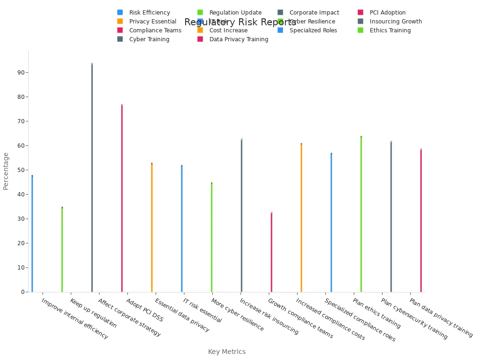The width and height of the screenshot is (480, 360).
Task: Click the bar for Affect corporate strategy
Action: click(92, 178)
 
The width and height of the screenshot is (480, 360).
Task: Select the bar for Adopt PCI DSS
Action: click(122, 198)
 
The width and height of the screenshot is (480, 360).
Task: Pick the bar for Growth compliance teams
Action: click(271, 252)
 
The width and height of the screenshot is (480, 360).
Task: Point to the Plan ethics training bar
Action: click(361, 214)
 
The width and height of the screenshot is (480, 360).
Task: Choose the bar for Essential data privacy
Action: click(152, 227)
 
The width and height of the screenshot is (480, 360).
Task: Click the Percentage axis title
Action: click(6, 171)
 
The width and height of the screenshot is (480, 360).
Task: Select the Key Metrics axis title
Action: click(227, 352)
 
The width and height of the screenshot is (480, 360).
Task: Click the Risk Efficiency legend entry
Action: click(150, 13)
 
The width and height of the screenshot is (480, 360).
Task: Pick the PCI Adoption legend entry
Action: click(387, 13)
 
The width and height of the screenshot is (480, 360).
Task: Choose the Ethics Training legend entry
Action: click(390, 30)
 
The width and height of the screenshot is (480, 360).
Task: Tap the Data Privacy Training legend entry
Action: click(239, 39)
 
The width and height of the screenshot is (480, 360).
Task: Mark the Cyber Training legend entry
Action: click(149, 39)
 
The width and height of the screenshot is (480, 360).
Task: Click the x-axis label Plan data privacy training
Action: click(441, 318)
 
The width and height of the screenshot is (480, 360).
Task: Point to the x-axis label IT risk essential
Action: click(202, 310)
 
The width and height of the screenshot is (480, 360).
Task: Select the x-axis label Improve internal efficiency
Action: click(75, 319)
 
